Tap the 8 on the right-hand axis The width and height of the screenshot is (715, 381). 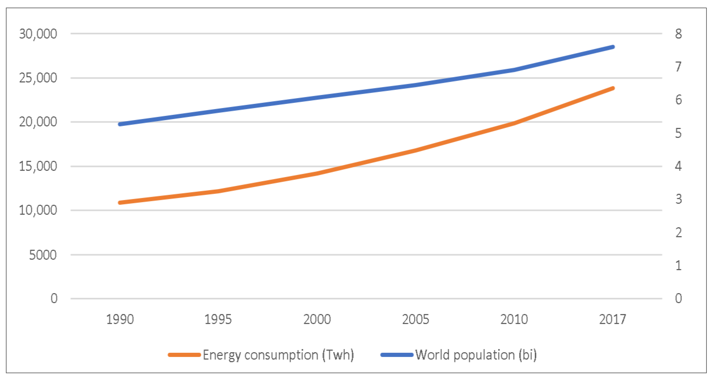(x=678, y=34)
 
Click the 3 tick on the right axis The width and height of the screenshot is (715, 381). (x=678, y=199)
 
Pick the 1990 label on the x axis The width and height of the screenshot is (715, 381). (x=120, y=319)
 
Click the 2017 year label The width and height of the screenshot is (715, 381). (x=613, y=319)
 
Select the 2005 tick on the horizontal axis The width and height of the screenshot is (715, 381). (x=415, y=319)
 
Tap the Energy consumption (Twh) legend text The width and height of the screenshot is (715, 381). (x=278, y=355)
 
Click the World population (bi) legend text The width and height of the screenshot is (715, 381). (x=476, y=355)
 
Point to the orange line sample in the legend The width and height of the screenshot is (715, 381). (x=184, y=355)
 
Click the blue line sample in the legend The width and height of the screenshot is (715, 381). (x=397, y=355)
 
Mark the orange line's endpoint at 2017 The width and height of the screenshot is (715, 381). (x=613, y=88)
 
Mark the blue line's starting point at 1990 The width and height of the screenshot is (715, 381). (x=120, y=124)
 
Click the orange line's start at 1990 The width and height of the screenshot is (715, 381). (x=120, y=203)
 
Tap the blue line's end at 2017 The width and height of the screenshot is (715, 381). (x=613, y=47)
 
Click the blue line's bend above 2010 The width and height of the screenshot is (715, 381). (x=514, y=70)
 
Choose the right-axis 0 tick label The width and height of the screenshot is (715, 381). (x=678, y=299)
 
